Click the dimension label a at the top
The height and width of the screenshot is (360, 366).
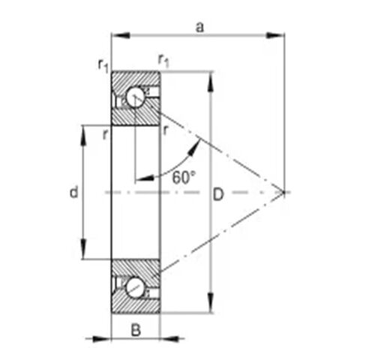(x=199, y=27)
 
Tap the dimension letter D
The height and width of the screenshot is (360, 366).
(x=218, y=195)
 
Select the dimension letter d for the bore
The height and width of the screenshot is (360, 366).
(x=73, y=192)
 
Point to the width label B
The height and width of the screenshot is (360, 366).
(x=136, y=330)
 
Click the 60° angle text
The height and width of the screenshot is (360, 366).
(x=183, y=178)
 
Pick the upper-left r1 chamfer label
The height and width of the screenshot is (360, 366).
(x=103, y=65)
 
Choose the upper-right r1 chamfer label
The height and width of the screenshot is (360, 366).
(x=163, y=61)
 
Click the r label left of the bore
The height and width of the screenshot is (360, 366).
(x=105, y=135)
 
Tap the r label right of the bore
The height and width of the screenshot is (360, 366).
(x=165, y=130)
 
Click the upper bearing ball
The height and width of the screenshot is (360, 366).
(x=135, y=97)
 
